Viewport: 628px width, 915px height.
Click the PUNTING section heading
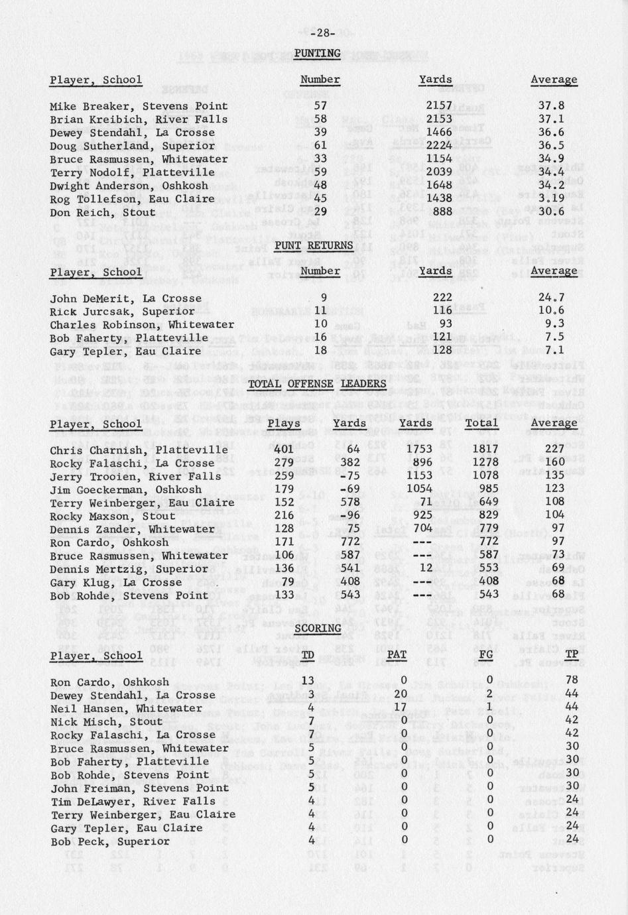(317, 53)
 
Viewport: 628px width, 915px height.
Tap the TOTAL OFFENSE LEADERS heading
(316, 384)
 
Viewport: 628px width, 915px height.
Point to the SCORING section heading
(318, 628)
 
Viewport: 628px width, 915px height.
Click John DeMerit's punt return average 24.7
(552, 298)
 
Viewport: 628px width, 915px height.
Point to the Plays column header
(284, 423)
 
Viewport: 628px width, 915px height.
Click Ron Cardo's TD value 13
(308, 682)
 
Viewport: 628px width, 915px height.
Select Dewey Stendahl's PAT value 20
(399, 695)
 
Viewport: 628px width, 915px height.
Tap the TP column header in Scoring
(574, 655)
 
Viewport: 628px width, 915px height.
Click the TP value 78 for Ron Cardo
(574, 682)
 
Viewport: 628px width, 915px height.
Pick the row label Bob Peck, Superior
(109, 841)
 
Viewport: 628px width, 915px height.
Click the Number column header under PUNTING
(320, 80)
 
